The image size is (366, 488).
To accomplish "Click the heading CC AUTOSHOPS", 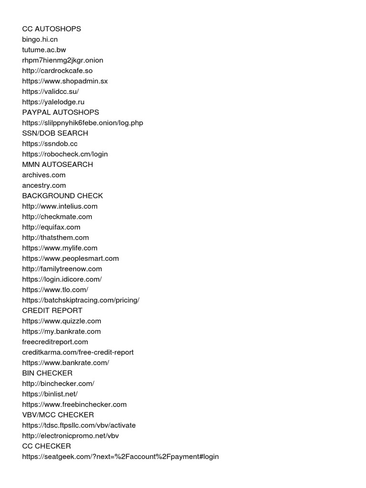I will [51, 29].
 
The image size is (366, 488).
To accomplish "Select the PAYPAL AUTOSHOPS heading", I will [61, 112].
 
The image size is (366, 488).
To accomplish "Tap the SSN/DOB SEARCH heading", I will [55, 133].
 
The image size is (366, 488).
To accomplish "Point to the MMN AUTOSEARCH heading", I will [57, 164].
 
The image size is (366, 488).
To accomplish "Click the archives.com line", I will [44, 175].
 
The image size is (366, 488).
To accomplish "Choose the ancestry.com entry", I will [44, 185].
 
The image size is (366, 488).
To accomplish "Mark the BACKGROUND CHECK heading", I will [62, 196].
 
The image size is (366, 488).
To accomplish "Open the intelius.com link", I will [60, 206].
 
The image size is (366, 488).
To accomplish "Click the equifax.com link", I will [51, 227].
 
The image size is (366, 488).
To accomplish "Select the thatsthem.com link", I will [55, 237].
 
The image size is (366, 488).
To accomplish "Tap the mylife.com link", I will [60, 248].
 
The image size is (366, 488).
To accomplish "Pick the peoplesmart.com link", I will [71, 258].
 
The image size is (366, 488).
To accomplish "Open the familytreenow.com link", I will [62, 269].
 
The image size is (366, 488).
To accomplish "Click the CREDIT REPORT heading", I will [52, 311].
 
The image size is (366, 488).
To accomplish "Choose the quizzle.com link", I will [61, 321].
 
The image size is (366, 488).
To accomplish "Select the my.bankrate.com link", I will [61, 331].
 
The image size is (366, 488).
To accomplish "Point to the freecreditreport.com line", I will [55, 342].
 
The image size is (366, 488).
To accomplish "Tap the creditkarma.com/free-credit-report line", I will [78, 352].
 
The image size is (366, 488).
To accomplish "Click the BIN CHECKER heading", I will [47, 373].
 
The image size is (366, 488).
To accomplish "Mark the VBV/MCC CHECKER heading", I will [58, 415].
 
